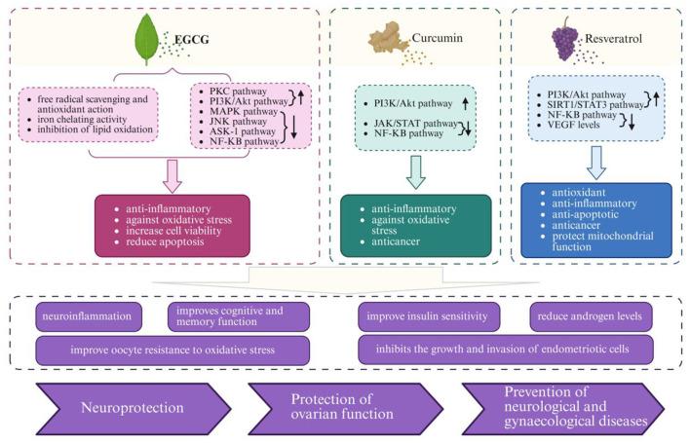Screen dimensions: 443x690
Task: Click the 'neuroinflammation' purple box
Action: (x=90, y=317)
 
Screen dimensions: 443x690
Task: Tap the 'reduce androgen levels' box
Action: (x=590, y=317)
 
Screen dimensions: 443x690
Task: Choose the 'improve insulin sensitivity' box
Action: (x=431, y=317)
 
